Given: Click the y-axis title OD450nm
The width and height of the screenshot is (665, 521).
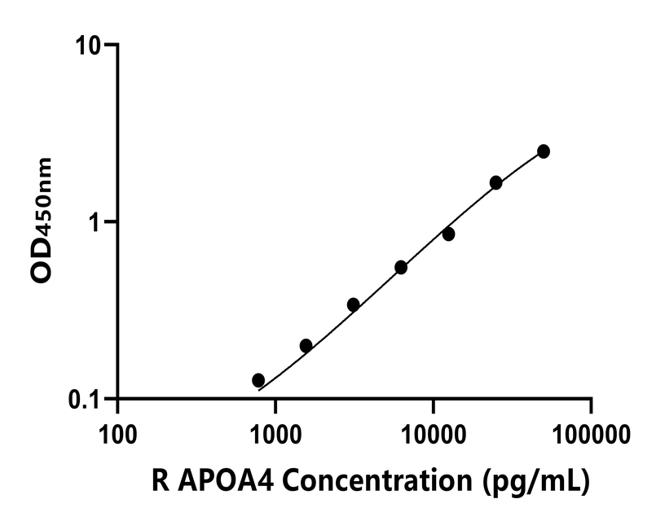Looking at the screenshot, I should tap(42, 220).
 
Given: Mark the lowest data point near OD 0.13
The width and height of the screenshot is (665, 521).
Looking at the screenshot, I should tap(258, 380).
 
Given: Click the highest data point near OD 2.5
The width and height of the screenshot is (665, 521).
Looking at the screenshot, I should tap(544, 151).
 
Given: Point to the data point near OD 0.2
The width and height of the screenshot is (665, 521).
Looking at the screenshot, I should tap(306, 345).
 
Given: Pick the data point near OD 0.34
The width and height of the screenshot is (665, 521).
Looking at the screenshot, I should tap(353, 304).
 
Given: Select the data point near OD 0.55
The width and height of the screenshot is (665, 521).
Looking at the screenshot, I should tap(401, 267).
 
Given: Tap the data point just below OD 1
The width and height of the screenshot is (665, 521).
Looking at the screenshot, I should tap(448, 234).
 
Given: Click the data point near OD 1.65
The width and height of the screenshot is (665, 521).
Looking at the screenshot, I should tap(495, 182).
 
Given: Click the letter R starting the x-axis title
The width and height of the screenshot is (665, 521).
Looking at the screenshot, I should tap(160, 481).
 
